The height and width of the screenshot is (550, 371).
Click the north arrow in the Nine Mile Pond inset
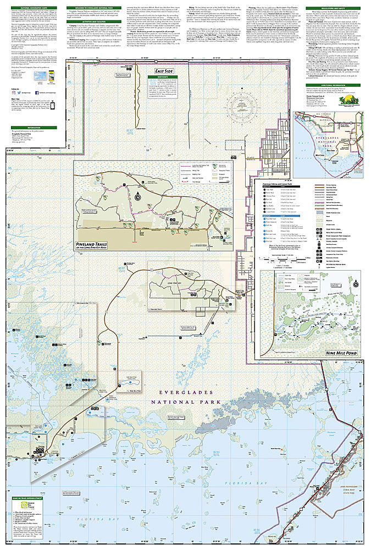pyautogui.click(x=356, y=284)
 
